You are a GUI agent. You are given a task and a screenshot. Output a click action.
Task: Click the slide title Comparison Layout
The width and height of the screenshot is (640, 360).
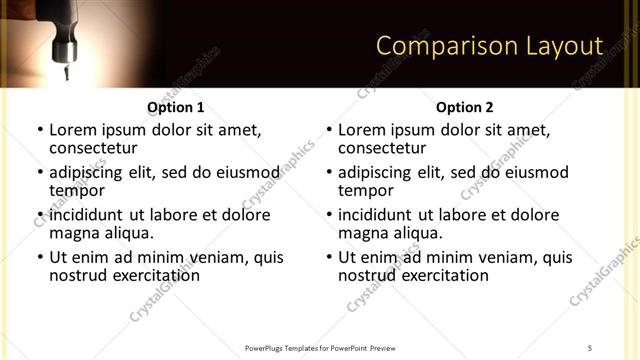489,46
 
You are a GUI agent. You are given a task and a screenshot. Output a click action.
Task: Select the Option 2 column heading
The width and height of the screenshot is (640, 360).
464,107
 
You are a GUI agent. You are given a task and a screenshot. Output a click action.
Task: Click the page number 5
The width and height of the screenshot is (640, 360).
590,347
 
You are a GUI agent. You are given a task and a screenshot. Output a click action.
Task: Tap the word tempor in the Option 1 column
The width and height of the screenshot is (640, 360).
76,190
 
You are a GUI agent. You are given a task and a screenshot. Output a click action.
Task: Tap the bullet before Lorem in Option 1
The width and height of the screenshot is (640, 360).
40,130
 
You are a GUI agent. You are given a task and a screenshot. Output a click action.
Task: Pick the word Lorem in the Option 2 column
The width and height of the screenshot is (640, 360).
361,130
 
